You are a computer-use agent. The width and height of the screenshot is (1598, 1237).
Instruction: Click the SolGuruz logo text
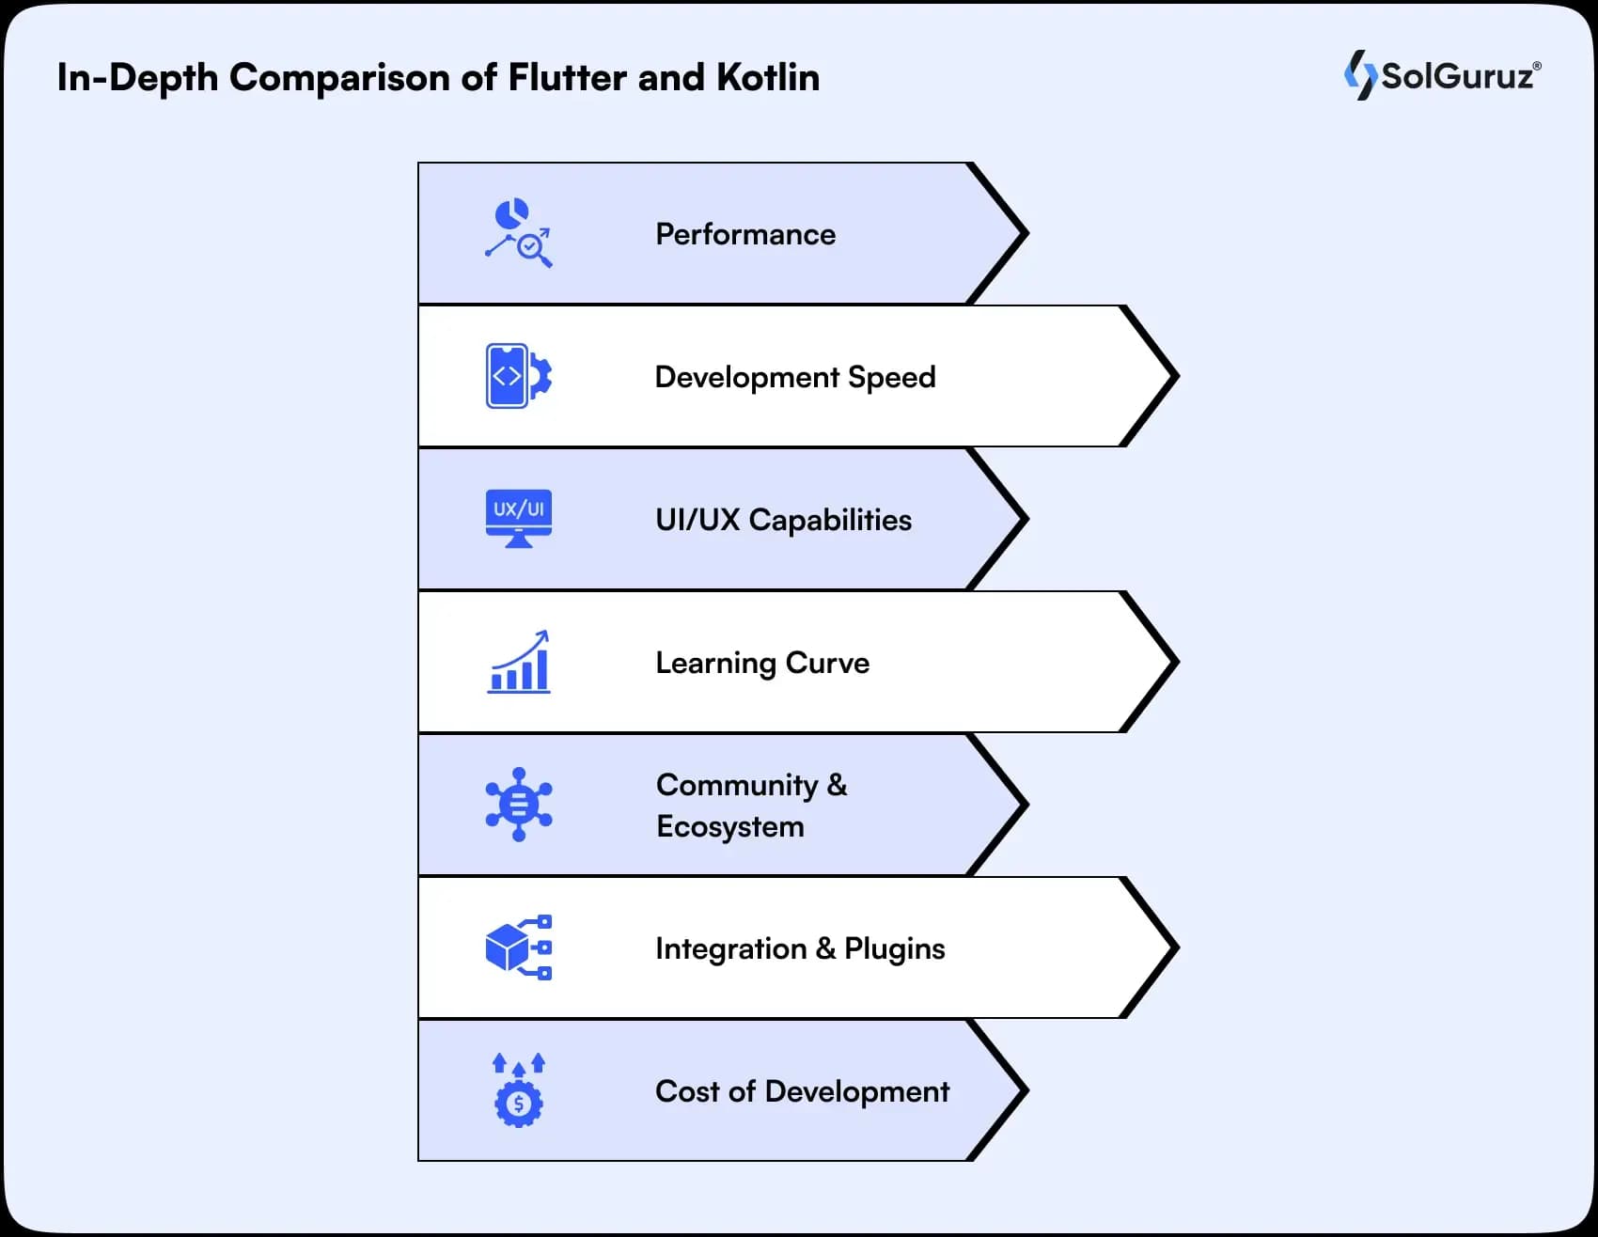(x=1456, y=76)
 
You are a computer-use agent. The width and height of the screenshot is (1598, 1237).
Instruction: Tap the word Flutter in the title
(x=568, y=77)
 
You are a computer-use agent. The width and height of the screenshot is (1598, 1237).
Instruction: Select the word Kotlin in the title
(x=768, y=77)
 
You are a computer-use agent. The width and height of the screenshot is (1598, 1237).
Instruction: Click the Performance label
(x=745, y=234)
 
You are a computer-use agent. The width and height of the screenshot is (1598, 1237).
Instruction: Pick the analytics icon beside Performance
(x=519, y=233)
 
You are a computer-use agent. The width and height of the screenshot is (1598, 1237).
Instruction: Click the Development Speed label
(x=795, y=377)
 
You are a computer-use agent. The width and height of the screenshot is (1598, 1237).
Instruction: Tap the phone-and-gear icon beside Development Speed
(x=519, y=376)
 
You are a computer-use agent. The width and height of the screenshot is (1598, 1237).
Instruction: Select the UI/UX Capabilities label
(x=783, y=520)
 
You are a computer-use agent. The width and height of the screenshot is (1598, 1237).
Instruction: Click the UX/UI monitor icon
(x=519, y=518)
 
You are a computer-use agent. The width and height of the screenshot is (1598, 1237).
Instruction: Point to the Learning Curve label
(x=762, y=663)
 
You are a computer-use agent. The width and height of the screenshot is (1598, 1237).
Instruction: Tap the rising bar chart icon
(x=519, y=663)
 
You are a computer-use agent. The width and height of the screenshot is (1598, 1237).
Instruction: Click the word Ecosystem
(x=730, y=826)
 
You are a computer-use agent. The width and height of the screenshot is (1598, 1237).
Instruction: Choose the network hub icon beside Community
(x=519, y=805)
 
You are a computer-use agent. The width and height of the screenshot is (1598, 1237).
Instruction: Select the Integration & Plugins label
(x=800, y=948)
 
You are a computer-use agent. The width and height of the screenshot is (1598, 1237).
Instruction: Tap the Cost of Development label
(x=802, y=1091)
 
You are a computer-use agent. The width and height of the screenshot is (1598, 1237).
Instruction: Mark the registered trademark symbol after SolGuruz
(x=1537, y=67)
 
